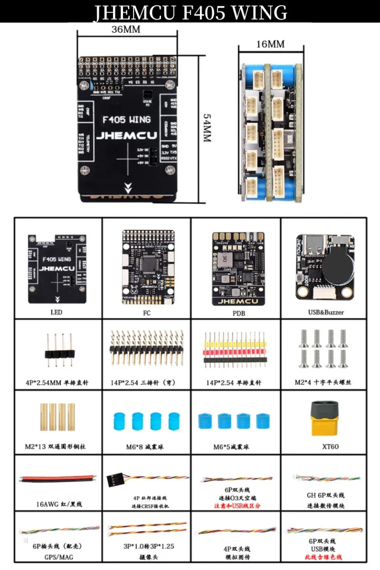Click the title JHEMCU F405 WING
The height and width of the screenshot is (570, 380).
pyautogui.click(x=190, y=12)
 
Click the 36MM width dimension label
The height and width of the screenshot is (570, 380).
pyautogui.click(x=126, y=30)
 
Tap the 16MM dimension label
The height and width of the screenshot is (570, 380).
pyautogui.click(x=270, y=44)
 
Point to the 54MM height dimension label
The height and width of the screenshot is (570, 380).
pyautogui.click(x=207, y=128)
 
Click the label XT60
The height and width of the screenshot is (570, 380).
pyautogui.click(x=325, y=446)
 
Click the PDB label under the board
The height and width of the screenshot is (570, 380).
pyautogui.click(x=235, y=313)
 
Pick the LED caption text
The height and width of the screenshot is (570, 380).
pyautogui.click(x=56, y=312)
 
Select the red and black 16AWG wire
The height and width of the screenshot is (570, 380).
pyautogui.click(x=58, y=479)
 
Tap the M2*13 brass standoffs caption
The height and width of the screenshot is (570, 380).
pyautogui.click(x=55, y=446)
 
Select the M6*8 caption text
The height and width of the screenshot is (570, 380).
pyautogui.click(x=145, y=446)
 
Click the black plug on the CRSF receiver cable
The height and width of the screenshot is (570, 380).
pyautogui.click(x=115, y=479)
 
